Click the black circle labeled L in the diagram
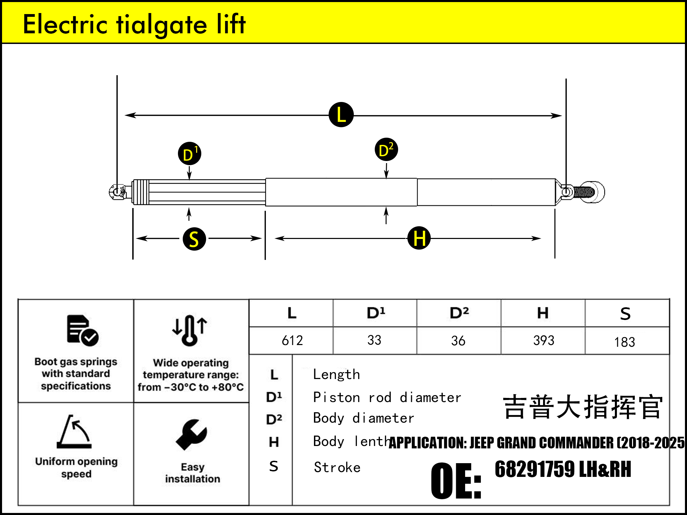point(341,115)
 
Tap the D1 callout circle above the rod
point(189,154)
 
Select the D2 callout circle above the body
point(386,150)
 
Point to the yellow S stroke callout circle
point(194,239)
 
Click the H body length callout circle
point(419,238)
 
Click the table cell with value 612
point(292,341)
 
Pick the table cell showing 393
point(543,341)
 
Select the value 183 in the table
point(624,342)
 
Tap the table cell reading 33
point(374,340)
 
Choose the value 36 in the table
point(458,341)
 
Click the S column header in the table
point(625,313)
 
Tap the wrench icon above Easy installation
point(191,435)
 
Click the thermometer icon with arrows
point(190,330)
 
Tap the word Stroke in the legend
point(337,468)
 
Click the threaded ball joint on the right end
point(591,192)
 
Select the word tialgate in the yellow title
point(161,25)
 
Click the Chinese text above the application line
point(582,407)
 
